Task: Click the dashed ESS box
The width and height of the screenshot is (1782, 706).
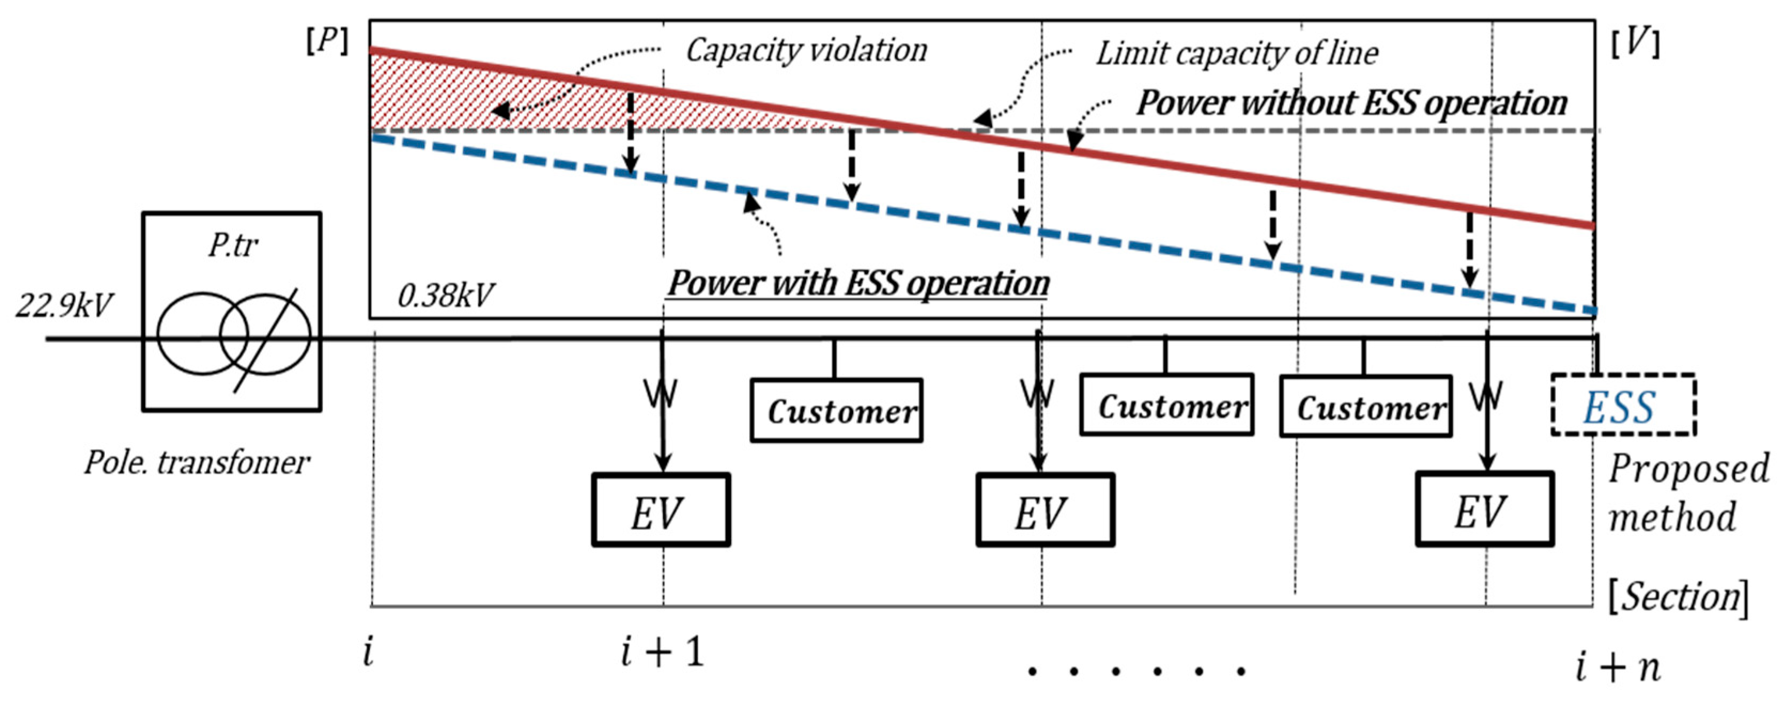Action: pos(1622,405)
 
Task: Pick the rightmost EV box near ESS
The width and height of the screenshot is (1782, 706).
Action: pos(1484,509)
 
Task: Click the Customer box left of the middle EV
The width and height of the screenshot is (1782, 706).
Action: pos(836,410)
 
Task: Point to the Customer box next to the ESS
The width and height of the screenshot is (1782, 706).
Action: pos(1365,406)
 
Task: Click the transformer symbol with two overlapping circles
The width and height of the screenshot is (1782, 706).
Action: pos(233,334)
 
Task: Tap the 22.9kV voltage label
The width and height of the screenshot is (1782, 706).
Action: pos(64,305)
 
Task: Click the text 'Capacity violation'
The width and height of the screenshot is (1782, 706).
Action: pos(806,51)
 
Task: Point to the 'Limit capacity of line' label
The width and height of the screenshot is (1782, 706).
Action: pos(1237,53)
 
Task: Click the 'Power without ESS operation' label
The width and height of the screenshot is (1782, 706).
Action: pos(1352,103)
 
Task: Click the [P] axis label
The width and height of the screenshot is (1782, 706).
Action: pos(327,42)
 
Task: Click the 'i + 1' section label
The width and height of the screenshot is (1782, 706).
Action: pos(662,652)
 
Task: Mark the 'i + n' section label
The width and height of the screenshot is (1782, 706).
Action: pos(1617,667)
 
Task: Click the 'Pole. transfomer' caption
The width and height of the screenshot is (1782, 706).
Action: pos(197,462)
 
